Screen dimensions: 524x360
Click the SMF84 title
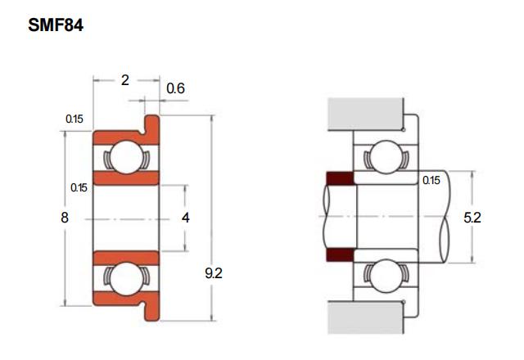(x=56, y=25)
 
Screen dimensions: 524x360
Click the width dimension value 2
(x=125, y=80)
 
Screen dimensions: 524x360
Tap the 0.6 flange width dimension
(x=175, y=88)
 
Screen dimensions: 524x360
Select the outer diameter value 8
(x=65, y=218)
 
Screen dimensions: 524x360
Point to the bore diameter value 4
(x=186, y=218)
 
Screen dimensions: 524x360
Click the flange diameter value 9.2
(x=214, y=273)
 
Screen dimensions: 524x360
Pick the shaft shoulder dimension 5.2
(x=472, y=218)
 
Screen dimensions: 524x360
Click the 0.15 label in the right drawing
(x=431, y=180)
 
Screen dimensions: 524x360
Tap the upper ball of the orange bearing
(x=126, y=157)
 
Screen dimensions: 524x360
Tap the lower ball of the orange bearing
(x=126, y=279)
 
